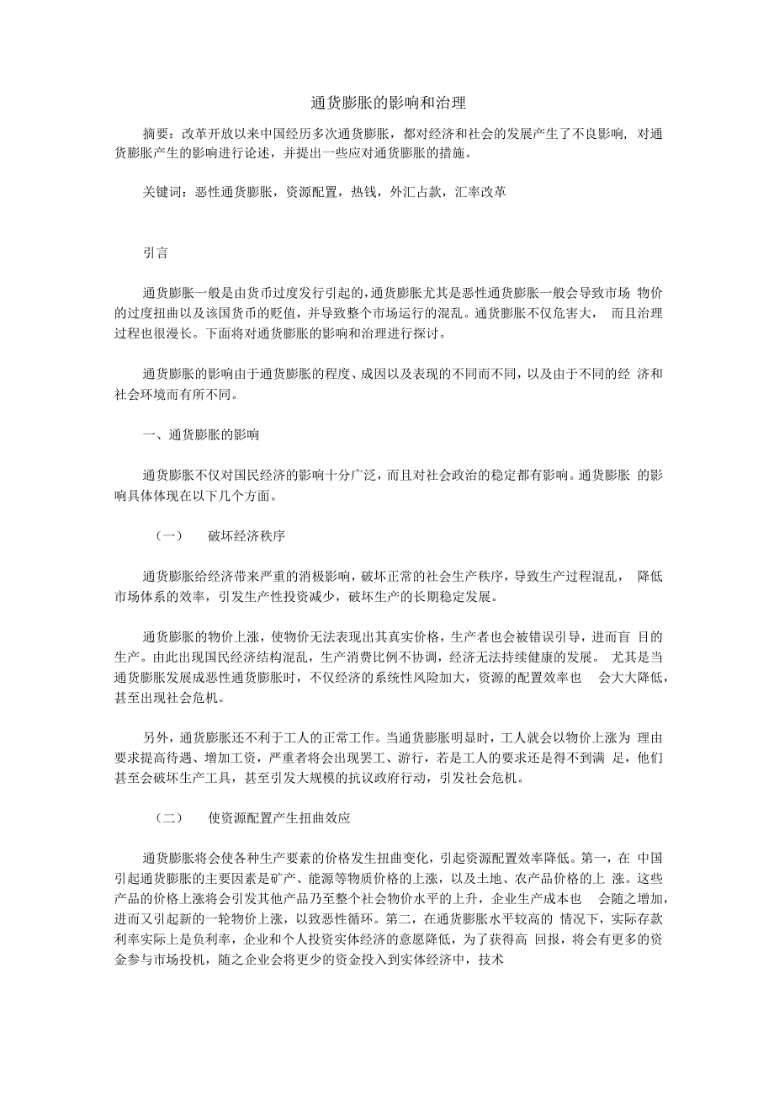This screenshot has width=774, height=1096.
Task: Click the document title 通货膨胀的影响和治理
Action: (x=387, y=104)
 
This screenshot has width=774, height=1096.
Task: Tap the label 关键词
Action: (x=162, y=192)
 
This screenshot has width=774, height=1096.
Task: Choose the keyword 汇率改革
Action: (x=480, y=192)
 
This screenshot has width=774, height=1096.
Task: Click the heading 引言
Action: (x=155, y=253)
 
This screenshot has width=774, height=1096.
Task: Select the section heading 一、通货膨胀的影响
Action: (x=201, y=435)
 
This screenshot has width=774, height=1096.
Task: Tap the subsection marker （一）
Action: (x=169, y=536)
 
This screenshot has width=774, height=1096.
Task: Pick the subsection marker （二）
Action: (x=169, y=817)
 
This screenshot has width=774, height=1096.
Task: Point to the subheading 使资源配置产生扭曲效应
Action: (x=278, y=817)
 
